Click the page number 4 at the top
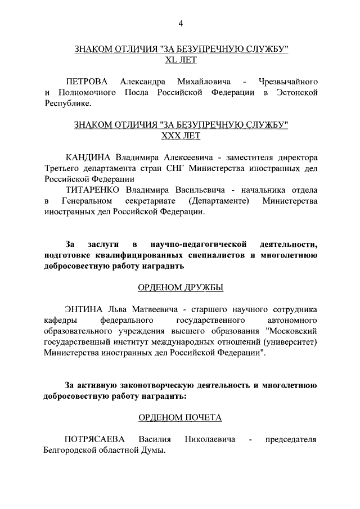coord(181,23)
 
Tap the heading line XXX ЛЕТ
coord(181,136)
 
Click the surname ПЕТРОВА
coord(87,82)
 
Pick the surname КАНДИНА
coord(89,157)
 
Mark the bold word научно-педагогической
coord(200,245)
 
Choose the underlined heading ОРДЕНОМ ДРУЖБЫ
coord(181,287)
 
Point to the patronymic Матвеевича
coord(150,309)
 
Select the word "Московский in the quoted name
coord(291,331)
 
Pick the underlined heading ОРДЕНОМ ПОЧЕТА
coord(181,417)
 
